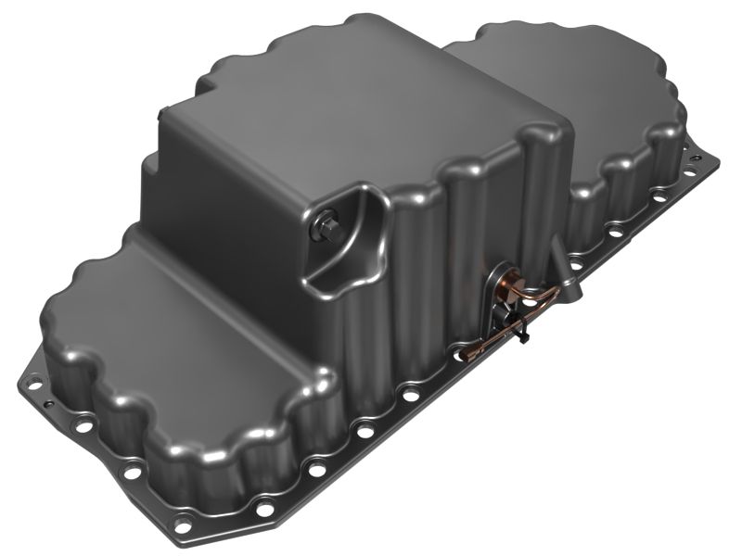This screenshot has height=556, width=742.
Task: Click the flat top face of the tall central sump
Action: click(362, 111)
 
